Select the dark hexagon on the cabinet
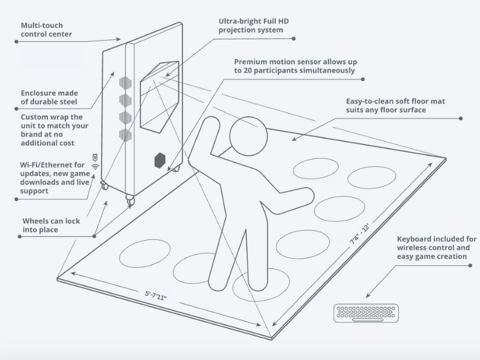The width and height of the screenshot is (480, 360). (x=160, y=160)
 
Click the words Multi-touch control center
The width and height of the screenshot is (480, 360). (x=46, y=30)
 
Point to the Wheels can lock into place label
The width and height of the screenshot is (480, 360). (x=51, y=225)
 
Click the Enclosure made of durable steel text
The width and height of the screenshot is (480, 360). (x=49, y=97)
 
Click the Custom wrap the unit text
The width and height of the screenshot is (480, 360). (x=55, y=130)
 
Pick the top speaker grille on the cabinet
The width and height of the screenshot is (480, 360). (x=124, y=83)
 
